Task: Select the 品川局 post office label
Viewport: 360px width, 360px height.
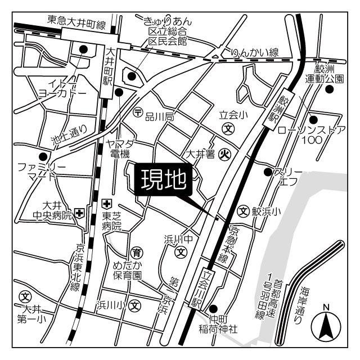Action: (160, 116)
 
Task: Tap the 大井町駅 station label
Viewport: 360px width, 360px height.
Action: (109, 70)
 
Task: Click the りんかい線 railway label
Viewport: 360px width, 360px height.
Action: (255, 52)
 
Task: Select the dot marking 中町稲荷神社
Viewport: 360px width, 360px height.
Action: (214, 308)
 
